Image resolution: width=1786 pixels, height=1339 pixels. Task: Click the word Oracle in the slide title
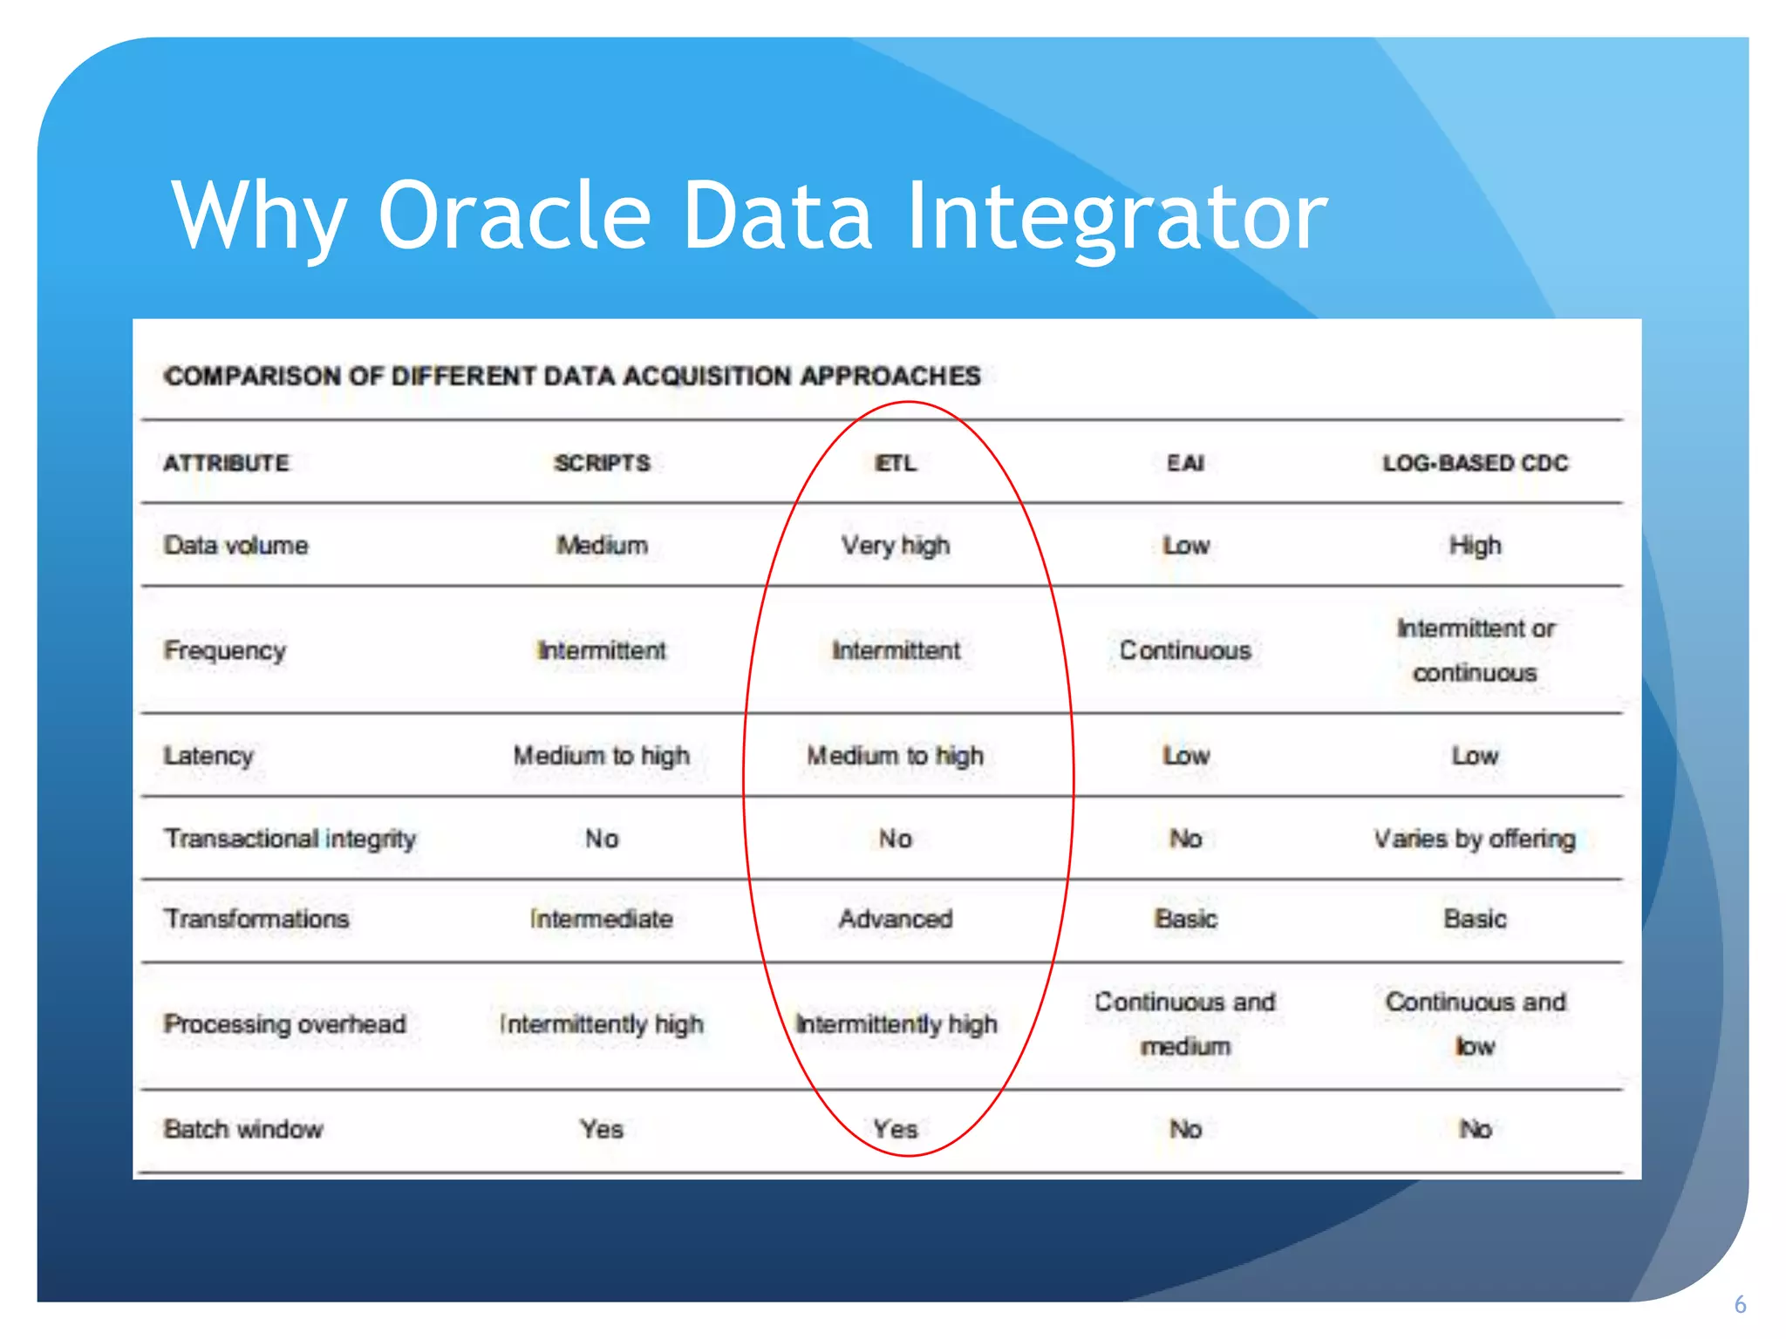pos(515,216)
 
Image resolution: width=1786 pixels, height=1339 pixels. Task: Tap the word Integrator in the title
pos(1116,216)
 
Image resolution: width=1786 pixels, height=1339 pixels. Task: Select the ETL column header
pos(896,463)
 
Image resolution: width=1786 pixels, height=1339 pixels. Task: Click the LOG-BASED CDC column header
pos(1475,463)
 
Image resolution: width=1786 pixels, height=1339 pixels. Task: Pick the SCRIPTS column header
pos(602,463)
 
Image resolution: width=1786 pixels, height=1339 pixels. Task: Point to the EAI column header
pos(1185,463)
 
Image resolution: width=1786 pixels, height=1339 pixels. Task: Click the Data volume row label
pos(235,546)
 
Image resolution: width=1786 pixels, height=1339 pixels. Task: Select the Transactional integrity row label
pos(290,839)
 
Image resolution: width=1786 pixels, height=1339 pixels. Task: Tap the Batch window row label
pos(243,1129)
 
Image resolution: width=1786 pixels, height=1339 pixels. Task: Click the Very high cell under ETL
pos(896,546)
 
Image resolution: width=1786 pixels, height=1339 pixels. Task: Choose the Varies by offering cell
pos(1475,839)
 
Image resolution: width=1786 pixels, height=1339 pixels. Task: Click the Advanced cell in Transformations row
pos(896,919)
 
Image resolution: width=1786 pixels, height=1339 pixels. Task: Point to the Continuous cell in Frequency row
pos(1185,650)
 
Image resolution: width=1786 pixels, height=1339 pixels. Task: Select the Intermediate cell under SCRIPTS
pos(602,919)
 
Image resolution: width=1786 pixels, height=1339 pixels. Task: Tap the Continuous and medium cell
pos(1185,1023)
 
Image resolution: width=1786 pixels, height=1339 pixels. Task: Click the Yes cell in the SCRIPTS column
pos(602,1129)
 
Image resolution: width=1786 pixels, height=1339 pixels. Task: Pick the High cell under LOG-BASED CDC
pos(1475,546)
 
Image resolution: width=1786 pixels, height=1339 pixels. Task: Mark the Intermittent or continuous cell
pos(1475,650)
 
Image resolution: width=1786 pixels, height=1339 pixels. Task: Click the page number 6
pos(1740,1305)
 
